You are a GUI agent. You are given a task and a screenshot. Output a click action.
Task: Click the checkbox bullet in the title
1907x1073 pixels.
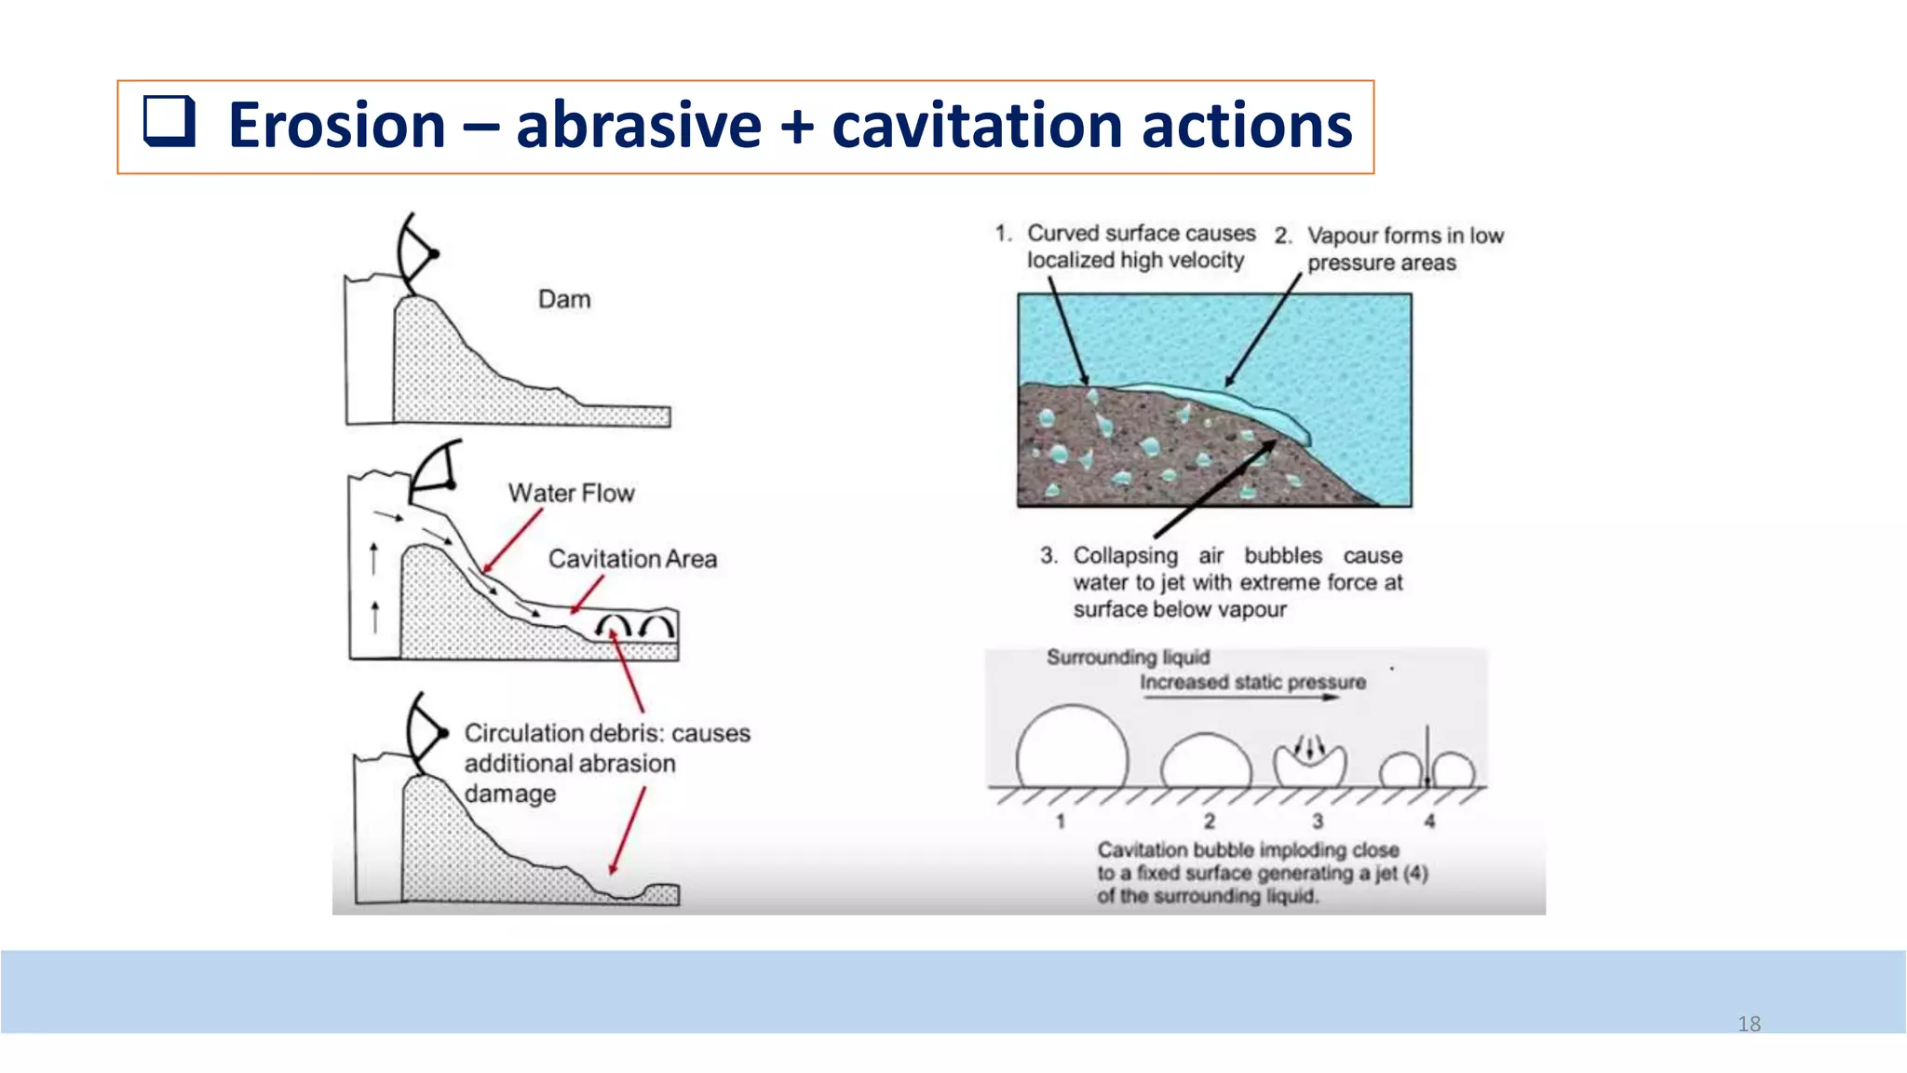click(169, 122)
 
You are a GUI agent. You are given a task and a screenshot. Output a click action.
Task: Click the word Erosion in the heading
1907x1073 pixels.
click(337, 126)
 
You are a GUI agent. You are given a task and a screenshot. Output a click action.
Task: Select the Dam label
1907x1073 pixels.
click(564, 299)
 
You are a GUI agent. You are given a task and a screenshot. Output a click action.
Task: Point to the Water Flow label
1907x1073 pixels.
click(571, 493)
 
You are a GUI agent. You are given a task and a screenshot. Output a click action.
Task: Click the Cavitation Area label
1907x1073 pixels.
click(632, 559)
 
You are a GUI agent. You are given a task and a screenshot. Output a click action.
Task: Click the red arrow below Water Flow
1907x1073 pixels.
click(511, 541)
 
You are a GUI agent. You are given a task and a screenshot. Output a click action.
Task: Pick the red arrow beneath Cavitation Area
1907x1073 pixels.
click(587, 594)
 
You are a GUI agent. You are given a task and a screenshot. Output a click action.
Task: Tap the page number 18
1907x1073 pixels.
click(1749, 1024)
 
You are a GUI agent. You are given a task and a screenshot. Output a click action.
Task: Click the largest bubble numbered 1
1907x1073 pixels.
click(1072, 751)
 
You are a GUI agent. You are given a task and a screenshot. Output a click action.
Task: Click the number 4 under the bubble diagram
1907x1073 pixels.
click(1429, 821)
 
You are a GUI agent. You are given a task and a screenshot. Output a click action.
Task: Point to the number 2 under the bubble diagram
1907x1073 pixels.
click(1209, 821)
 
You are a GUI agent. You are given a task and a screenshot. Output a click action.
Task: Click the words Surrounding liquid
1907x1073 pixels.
click(1128, 658)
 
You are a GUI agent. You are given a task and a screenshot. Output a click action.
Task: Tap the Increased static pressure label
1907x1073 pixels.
click(1252, 682)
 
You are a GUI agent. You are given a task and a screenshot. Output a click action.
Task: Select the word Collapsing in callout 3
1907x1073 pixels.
click(1125, 555)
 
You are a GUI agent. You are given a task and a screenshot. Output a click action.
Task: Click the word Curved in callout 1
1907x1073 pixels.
click(1062, 233)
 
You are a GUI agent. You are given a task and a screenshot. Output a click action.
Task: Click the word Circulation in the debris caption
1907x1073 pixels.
click(524, 733)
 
